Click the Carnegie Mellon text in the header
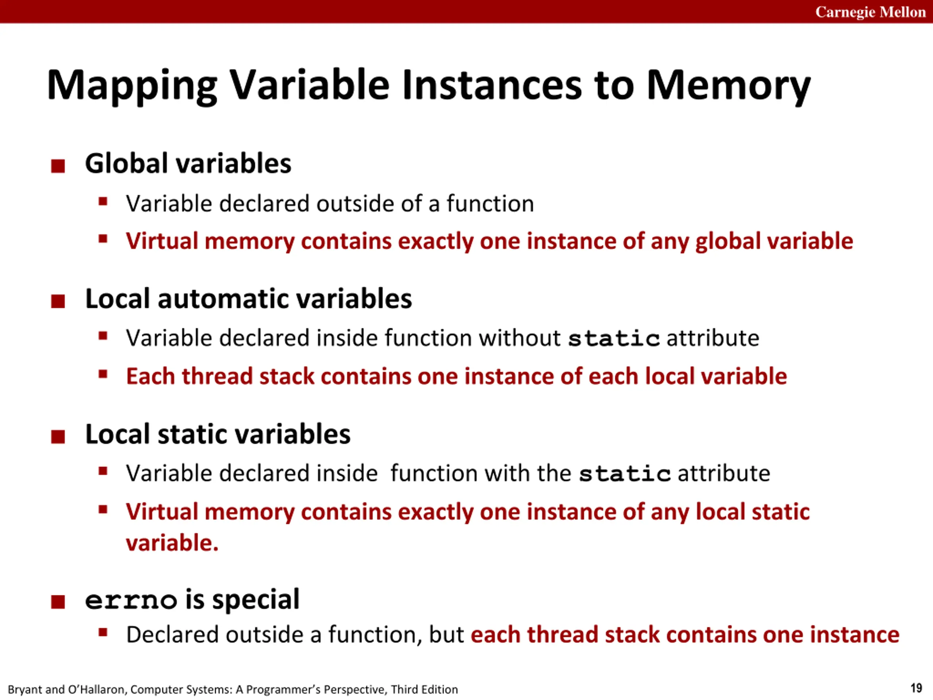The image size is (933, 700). point(870,12)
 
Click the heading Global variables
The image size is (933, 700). point(188,163)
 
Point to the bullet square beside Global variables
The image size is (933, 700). point(58,166)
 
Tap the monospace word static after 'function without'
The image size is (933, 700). point(614,339)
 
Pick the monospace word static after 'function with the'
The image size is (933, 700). point(624,474)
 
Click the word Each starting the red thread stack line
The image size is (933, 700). point(150,376)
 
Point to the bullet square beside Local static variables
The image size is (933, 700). point(58,437)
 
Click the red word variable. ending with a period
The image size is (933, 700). point(172,542)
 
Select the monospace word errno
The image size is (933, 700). point(131,600)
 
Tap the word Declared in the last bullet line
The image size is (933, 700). point(172,635)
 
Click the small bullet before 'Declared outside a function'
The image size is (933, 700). point(102,632)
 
